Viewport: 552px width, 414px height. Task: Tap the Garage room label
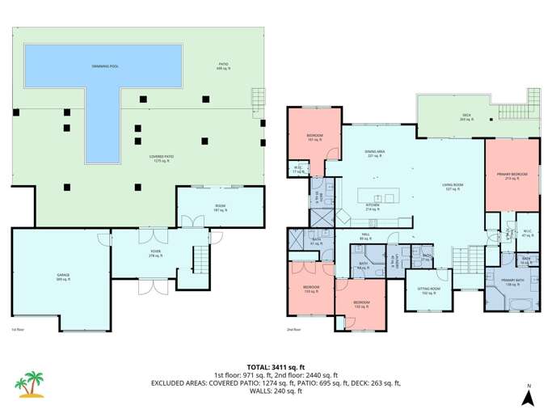62,277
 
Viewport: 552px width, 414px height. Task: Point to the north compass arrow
527,396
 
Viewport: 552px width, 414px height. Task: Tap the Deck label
466,116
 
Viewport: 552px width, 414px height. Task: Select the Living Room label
452,188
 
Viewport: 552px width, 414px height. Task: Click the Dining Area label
373,153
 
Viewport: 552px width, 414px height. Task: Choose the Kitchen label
373,206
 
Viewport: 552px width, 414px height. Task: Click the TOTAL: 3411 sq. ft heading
276,366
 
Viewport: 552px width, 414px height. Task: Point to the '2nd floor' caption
293,330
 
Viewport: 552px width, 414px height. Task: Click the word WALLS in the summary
261,391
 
